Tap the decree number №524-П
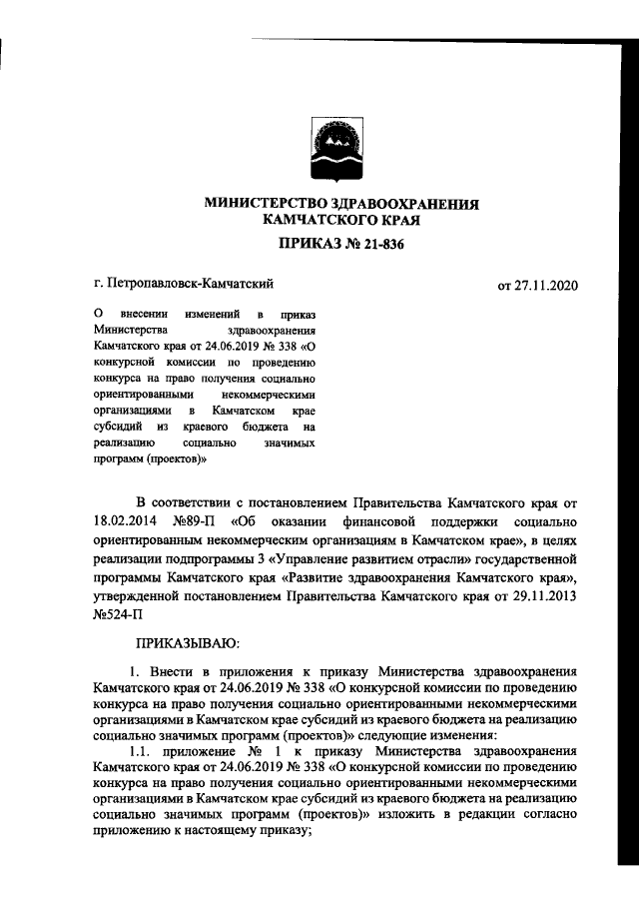point(117,617)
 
